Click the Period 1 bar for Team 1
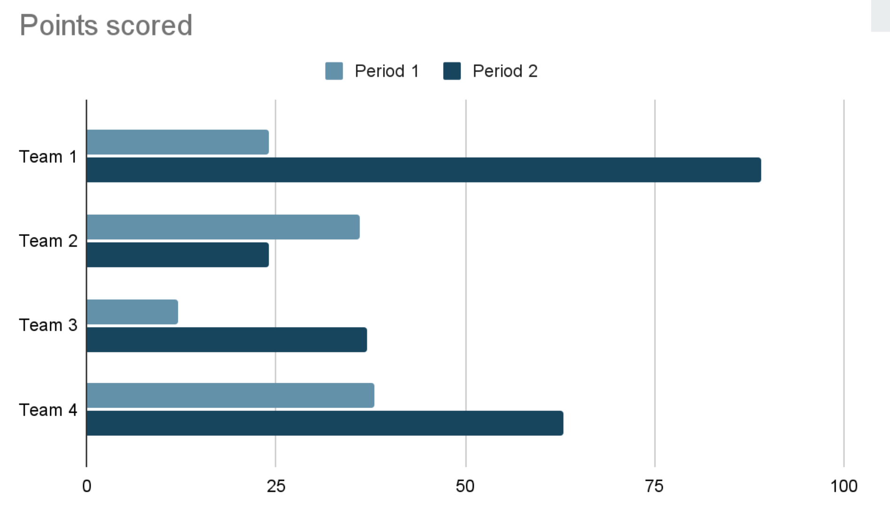tap(177, 142)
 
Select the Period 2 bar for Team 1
tap(423, 170)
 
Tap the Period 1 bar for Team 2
tap(223, 227)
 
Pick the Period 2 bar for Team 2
tap(177, 255)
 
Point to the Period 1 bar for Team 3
tap(132, 312)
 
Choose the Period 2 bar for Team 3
tap(227, 340)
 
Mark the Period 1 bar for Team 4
tap(230, 395)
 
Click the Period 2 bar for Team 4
tap(325, 423)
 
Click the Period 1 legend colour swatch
tap(334, 71)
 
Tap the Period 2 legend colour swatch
tap(452, 71)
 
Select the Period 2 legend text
tap(505, 71)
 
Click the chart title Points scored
tap(106, 25)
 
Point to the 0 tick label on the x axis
tap(86, 486)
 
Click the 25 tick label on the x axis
tap(276, 486)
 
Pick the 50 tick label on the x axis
tap(465, 486)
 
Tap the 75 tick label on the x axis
tap(654, 486)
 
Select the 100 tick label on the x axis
tap(844, 486)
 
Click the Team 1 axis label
tap(48, 157)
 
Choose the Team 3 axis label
tap(48, 325)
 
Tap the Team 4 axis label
tap(48, 410)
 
